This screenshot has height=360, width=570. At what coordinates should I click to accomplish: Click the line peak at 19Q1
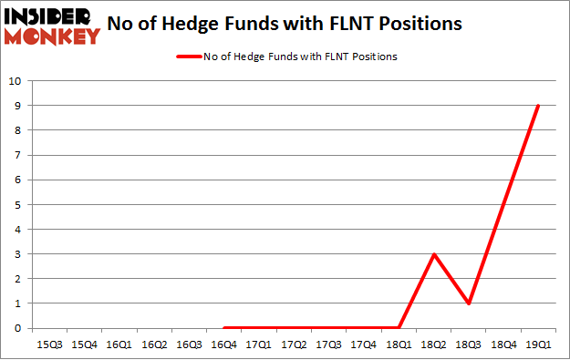click(538, 106)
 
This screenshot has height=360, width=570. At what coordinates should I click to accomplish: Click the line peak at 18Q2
click(435, 253)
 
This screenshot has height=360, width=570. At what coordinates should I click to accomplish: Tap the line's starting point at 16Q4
click(224, 327)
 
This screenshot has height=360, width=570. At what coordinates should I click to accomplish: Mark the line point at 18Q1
click(399, 327)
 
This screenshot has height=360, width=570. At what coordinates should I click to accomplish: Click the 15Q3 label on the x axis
click(49, 345)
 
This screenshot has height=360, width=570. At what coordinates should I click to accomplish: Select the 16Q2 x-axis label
click(154, 345)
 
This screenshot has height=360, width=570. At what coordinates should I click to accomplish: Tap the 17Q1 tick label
click(259, 345)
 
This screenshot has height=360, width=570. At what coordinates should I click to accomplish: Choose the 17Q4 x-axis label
click(364, 345)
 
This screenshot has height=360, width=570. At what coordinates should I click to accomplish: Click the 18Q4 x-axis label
click(503, 345)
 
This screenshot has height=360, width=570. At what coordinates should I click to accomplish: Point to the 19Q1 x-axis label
click(538, 345)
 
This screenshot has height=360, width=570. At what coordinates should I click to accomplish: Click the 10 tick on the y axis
click(15, 81)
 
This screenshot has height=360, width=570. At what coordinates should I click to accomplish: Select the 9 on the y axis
click(17, 106)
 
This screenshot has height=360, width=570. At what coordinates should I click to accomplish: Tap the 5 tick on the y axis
click(17, 204)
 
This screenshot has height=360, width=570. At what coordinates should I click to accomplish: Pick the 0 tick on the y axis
click(17, 328)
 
